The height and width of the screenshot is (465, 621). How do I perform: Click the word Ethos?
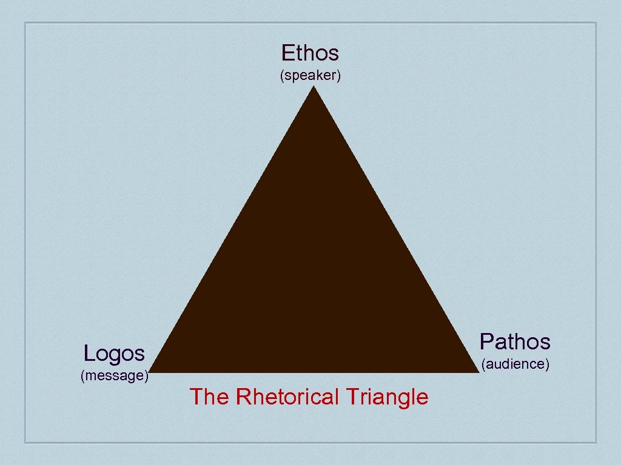[x=310, y=53]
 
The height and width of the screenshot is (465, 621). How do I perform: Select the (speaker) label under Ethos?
[x=310, y=76]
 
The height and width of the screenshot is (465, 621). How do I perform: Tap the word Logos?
[x=114, y=353]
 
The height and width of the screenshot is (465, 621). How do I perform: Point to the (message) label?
[x=115, y=375]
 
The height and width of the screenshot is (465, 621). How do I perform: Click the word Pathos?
[x=515, y=342]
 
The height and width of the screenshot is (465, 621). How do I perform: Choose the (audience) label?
[x=515, y=364]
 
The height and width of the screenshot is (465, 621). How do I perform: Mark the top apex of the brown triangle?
[x=314, y=88]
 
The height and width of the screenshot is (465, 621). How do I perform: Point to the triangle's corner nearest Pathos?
[x=478, y=371]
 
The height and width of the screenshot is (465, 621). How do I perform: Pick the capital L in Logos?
[x=89, y=353]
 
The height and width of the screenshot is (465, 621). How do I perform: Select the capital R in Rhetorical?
[x=243, y=397]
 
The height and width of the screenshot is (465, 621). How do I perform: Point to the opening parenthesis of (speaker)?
[x=281, y=77]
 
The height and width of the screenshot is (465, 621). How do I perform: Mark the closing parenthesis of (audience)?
[x=547, y=364]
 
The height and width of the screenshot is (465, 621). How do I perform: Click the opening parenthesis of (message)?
[x=82, y=376]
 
